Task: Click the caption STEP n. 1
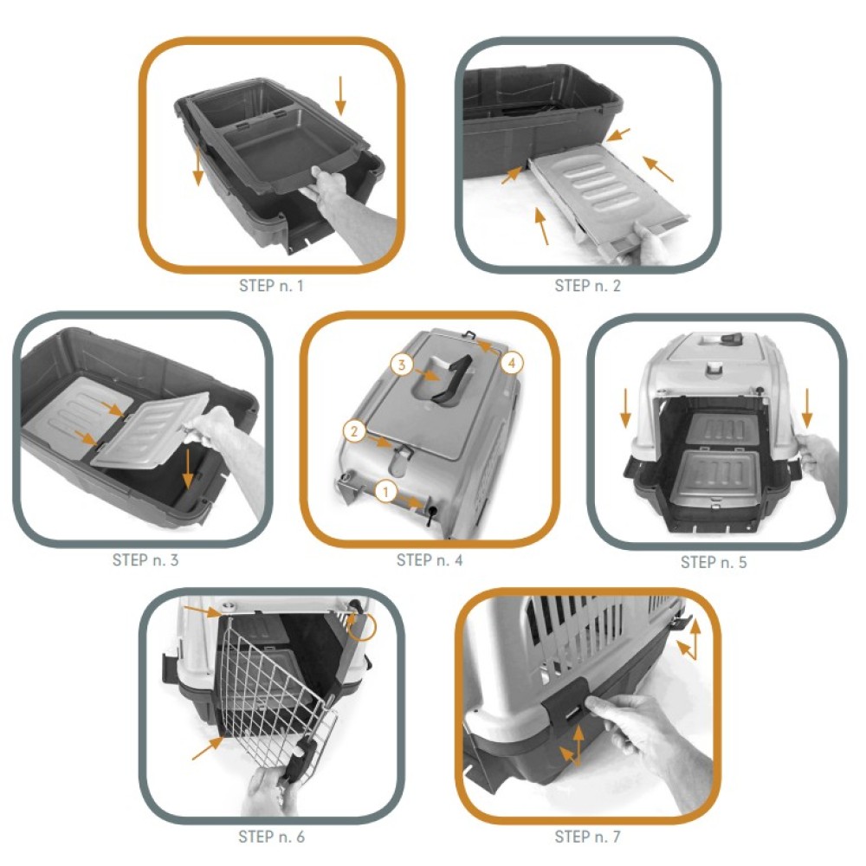point(271,286)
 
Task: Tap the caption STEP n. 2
point(588,286)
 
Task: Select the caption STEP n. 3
point(145,560)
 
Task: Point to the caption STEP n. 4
point(430,560)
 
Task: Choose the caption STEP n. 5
point(714,562)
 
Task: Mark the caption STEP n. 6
point(271,837)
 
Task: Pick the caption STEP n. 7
point(588,837)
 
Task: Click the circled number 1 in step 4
point(386,491)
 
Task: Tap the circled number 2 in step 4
point(354,430)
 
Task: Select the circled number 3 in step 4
point(402,365)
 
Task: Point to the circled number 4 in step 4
point(512,363)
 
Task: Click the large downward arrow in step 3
point(189,469)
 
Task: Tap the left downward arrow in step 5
point(626,408)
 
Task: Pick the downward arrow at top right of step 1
point(340,95)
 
